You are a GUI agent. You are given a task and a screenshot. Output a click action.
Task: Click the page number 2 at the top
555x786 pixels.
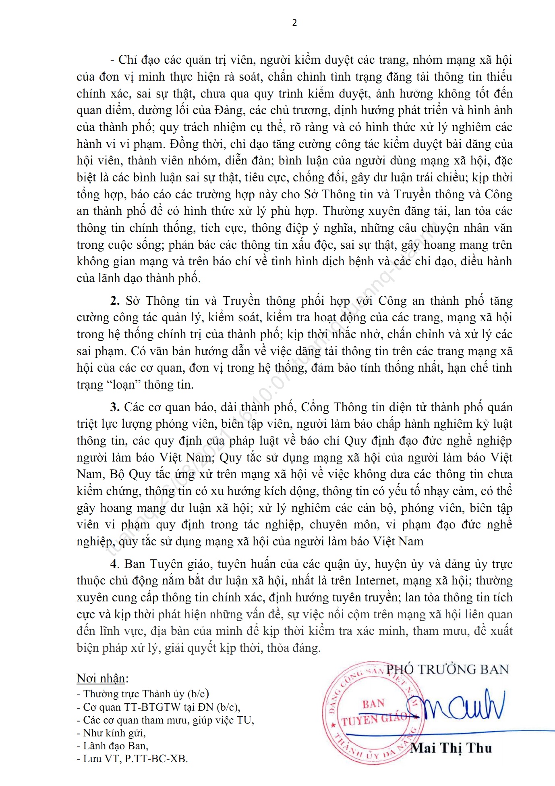294,23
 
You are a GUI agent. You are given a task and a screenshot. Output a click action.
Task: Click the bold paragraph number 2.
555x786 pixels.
115,301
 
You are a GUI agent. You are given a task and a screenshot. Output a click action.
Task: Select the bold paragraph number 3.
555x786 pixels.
115,407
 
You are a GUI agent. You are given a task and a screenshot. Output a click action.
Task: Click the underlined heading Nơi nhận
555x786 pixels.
101,678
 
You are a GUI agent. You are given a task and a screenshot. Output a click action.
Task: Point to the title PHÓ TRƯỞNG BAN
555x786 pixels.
447,670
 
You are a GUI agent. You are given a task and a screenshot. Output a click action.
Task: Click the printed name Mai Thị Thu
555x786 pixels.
451,748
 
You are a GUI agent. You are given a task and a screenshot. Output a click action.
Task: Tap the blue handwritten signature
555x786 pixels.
455,707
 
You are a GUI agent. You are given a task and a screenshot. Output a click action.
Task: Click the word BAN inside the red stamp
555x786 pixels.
373,704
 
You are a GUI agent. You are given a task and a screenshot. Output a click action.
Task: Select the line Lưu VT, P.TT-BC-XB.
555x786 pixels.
133,759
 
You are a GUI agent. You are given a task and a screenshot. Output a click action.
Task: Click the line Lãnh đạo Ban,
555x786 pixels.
113,746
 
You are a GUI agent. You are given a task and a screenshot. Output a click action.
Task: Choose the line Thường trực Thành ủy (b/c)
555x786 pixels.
143,694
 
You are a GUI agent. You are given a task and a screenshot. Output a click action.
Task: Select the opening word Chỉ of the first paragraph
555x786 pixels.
128,60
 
